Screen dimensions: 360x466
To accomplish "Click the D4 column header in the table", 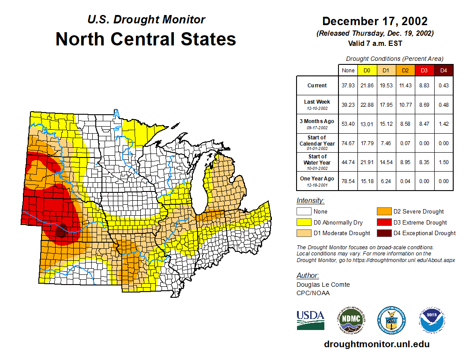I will click(x=443, y=70).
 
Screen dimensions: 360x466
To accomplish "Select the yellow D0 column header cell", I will click(x=367, y=70).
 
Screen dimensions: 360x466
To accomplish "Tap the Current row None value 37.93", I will click(x=348, y=86).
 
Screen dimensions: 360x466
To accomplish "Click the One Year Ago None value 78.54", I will click(x=348, y=181).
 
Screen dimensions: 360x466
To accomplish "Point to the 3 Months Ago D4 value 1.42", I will click(x=443, y=124).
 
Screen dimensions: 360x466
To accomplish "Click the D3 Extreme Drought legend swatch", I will click(x=383, y=222).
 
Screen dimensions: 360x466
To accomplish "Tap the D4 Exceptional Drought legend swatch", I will click(x=383, y=233).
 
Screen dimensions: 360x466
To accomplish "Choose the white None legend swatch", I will click(x=304, y=212).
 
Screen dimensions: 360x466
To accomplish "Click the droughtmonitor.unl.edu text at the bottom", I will click(x=376, y=344).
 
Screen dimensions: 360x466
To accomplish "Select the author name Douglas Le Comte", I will click(x=323, y=285).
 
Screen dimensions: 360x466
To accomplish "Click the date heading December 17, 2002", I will click(x=375, y=21).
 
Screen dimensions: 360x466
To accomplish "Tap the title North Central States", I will click(x=146, y=39).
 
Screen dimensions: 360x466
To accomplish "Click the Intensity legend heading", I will click(x=310, y=201).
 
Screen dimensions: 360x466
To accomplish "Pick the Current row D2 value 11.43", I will click(x=405, y=86).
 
